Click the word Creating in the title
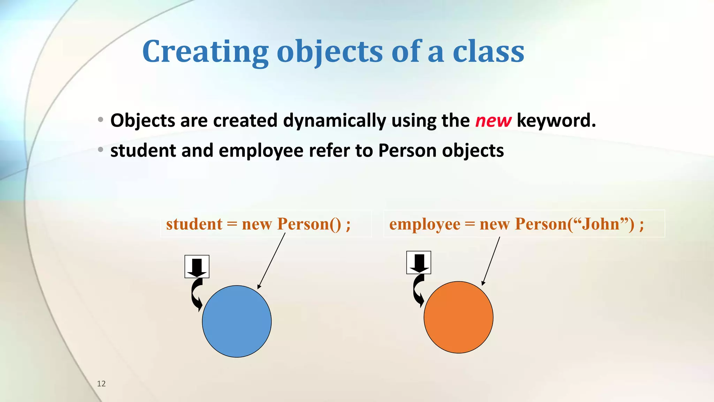click(x=205, y=52)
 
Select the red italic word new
click(x=493, y=121)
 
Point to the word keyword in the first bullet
click(x=556, y=121)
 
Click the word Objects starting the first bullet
click(x=142, y=121)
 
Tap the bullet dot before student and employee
click(x=101, y=150)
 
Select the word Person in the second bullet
click(x=407, y=151)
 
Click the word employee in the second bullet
click(x=261, y=151)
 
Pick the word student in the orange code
click(x=194, y=224)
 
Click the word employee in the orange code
click(x=424, y=224)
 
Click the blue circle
click(x=237, y=321)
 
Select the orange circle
click(x=458, y=317)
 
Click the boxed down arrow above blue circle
click(x=197, y=267)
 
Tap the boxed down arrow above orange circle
click(x=419, y=262)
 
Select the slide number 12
click(x=101, y=384)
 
